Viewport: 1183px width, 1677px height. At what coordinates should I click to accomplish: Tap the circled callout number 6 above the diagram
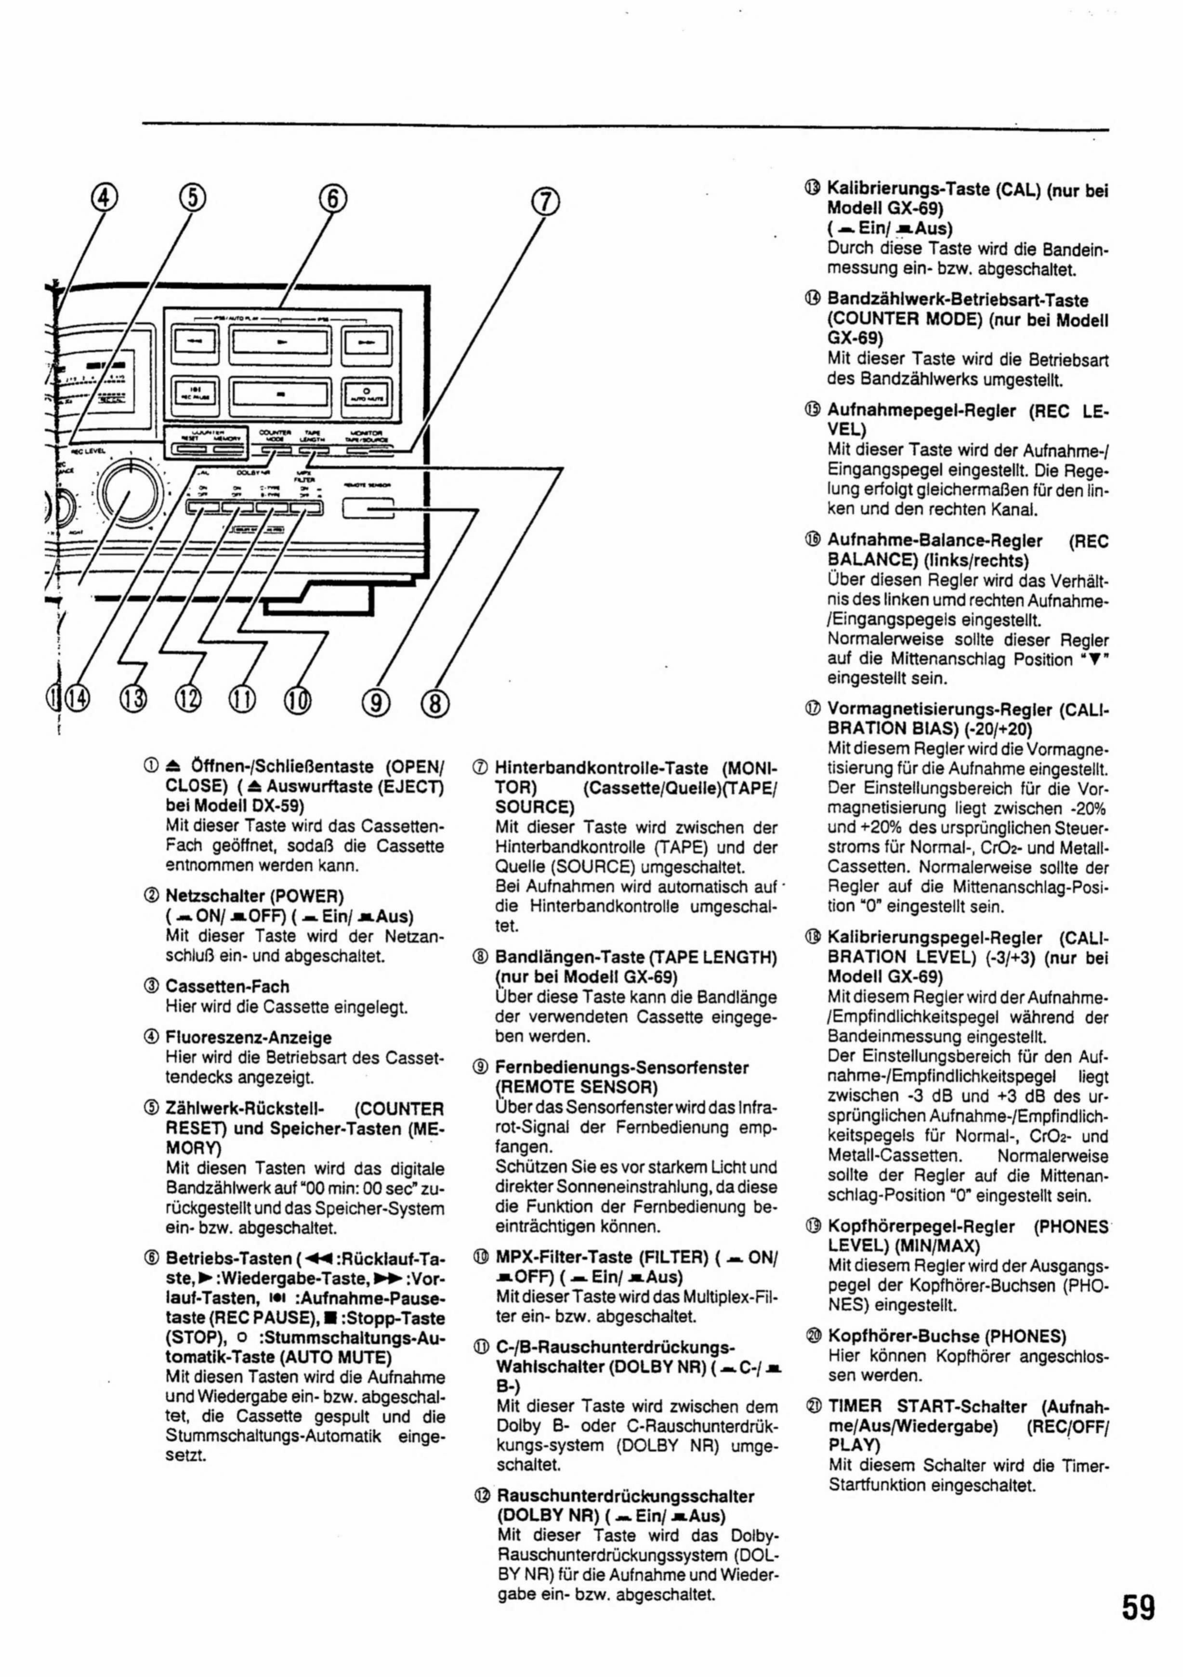(332, 198)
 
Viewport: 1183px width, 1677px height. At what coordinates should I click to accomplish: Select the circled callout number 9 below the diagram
(376, 703)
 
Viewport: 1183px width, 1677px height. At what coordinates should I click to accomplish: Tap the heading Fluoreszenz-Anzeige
(248, 1037)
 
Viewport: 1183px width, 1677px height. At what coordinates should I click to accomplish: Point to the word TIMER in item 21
(855, 1406)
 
